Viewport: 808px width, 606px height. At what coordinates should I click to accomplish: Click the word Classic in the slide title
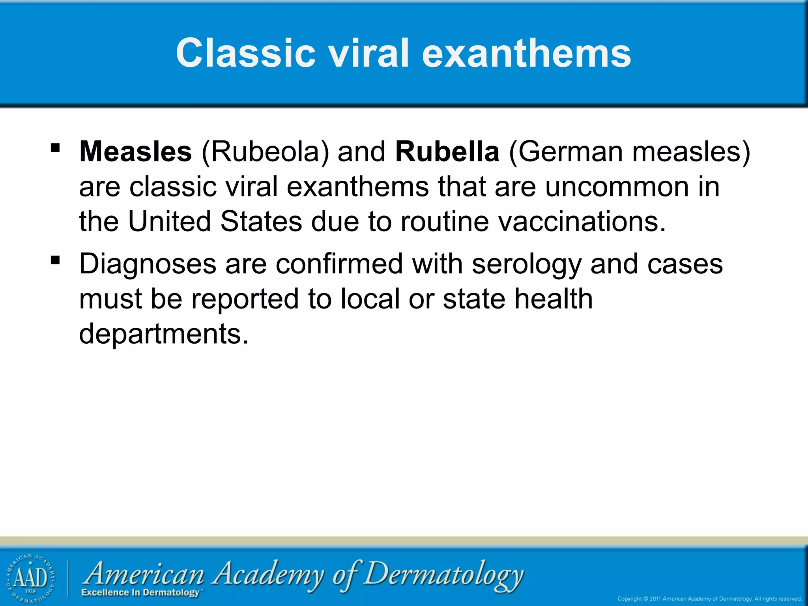click(x=245, y=53)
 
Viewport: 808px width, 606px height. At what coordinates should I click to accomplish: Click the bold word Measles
click(x=135, y=151)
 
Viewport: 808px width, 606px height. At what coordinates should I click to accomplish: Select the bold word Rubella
click(x=447, y=151)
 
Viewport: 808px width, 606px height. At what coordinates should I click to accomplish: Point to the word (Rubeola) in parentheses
click(x=265, y=151)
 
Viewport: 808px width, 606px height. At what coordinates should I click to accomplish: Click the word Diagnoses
click(x=148, y=264)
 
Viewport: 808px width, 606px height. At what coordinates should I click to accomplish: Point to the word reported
click(x=245, y=299)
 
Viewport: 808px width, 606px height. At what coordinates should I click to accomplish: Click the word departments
click(x=164, y=334)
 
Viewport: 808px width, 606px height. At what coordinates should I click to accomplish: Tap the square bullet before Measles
click(x=55, y=148)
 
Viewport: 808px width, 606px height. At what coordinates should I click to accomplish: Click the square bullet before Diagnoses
click(x=55, y=260)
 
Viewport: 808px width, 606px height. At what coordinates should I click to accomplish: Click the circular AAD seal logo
click(x=31, y=578)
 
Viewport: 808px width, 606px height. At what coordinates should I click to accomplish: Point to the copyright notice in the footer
click(x=709, y=599)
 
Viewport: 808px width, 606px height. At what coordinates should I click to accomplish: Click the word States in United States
click(x=261, y=221)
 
